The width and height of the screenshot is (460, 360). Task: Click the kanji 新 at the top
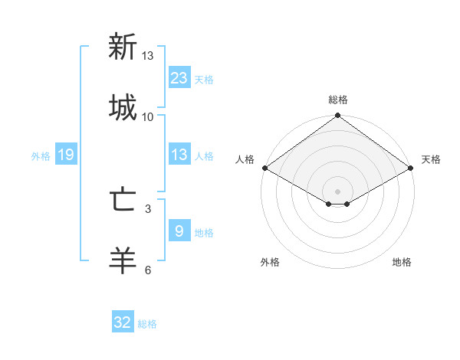pos(123,47)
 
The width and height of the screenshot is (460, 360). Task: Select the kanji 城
pos(123,108)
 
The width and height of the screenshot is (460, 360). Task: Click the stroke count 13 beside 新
pos(148,56)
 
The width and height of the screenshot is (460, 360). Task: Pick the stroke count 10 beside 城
pos(148,116)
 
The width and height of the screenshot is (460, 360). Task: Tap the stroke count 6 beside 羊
pos(148,270)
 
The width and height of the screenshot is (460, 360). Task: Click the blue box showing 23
pos(179,77)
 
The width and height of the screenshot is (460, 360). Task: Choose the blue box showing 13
pos(179,155)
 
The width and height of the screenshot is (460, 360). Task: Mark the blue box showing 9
pos(179,231)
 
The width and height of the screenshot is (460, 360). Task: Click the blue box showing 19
pos(66,155)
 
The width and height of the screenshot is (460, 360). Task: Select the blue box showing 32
pos(123,322)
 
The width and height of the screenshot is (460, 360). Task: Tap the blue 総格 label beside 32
pos(147,324)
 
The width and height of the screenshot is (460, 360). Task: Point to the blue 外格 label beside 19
pos(41,156)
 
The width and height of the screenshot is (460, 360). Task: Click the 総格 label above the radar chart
pos(338,100)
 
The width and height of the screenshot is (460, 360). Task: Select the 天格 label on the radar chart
pos(431,159)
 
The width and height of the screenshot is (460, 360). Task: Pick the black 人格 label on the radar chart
pos(245,159)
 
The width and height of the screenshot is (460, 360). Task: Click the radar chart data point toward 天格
pos(412,168)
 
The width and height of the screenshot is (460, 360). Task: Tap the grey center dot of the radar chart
pos(338,191)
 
